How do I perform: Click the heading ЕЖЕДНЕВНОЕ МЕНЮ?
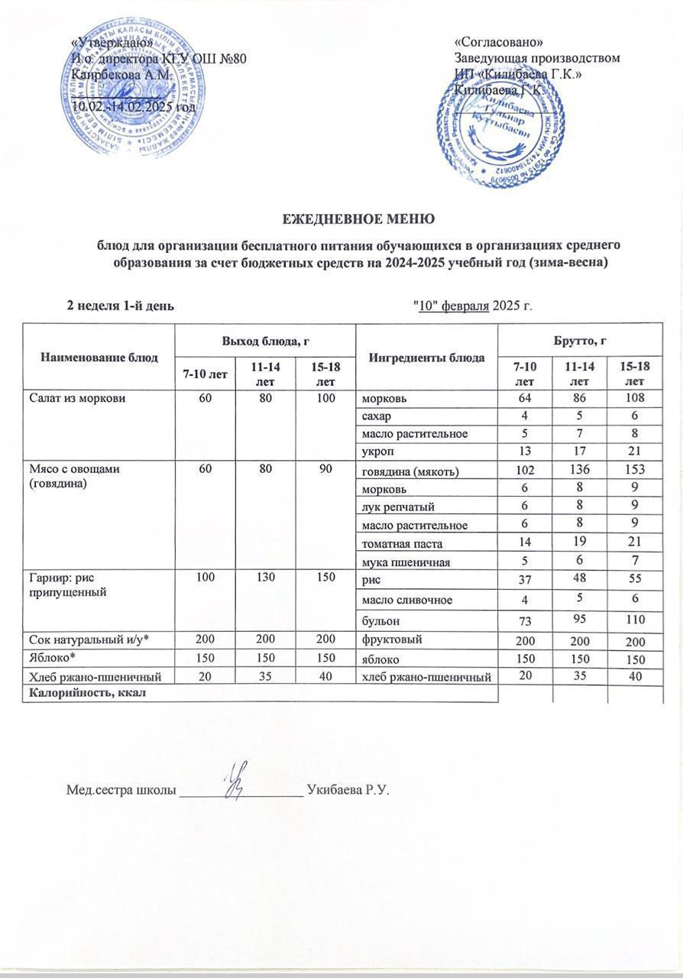pos(359,219)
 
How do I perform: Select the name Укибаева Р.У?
pos(348,789)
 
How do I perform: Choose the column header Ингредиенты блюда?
pos(426,357)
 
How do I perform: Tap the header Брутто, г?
pos(581,337)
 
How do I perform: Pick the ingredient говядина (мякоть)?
pos(411,471)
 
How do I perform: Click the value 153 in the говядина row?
pos(635,471)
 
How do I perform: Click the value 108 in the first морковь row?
pos(635,397)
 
